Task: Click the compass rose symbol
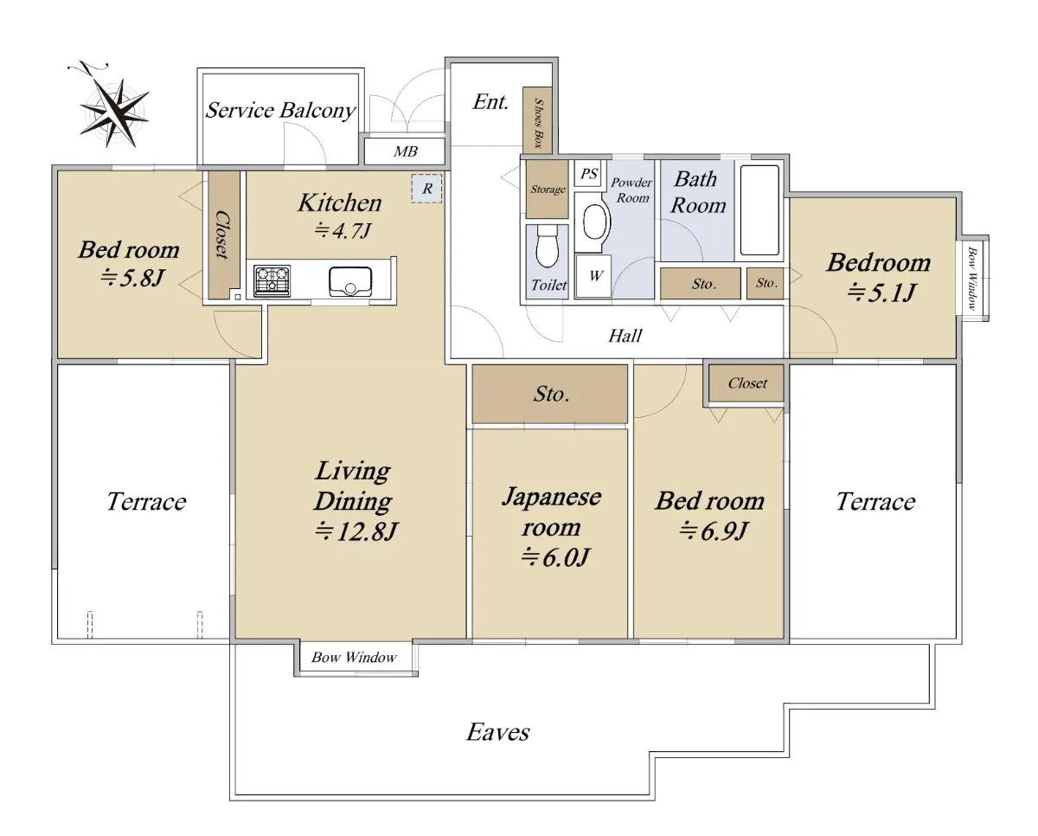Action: click(115, 113)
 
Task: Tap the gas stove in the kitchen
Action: click(272, 281)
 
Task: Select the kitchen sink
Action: click(350, 281)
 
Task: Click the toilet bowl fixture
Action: click(547, 247)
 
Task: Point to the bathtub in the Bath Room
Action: click(759, 210)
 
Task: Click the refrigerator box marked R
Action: click(426, 189)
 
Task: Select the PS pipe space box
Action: click(587, 173)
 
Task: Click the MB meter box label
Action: click(405, 151)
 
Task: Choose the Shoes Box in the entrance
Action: click(537, 120)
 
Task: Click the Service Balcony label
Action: click(280, 111)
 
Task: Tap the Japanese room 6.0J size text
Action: click(555, 557)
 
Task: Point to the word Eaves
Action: click(497, 732)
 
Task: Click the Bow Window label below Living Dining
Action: click(354, 657)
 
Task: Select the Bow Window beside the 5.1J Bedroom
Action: click(972, 278)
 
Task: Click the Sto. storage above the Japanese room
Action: click(550, 394)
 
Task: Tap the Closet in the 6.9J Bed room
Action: click(746, 383)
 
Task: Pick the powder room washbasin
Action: click(596, 222)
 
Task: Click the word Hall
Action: click(625, 336)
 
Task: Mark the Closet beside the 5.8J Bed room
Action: click(224, 235)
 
